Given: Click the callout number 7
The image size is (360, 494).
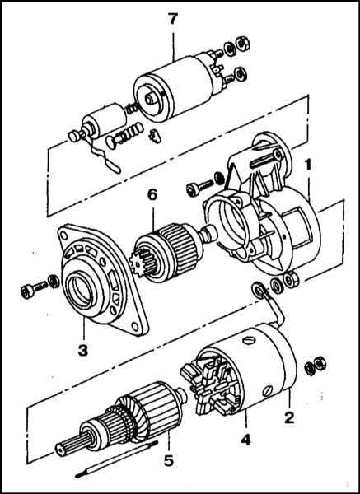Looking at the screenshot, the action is click(x=172, y=20).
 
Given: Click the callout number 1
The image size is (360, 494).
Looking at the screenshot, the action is click(x=306, y=165).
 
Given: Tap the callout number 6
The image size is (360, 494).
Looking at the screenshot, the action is click(x=152, y=194).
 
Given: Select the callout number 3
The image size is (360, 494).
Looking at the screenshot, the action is click(x=83, y=350).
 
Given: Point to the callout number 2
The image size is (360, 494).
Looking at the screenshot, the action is click(x=289, y=417).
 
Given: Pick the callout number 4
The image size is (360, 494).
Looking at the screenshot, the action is click(x=245, y=440).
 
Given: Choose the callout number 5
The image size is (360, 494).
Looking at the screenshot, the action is click(x=169, y=462).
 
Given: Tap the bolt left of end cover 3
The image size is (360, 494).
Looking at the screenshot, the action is click(x=34, y=290).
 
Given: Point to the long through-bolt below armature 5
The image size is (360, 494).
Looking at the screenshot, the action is click(x=117, y=459).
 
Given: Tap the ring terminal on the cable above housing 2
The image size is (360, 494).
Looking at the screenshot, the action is click(x=259, y=291).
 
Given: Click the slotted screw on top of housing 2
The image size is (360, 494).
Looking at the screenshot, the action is click(x=249, y=341).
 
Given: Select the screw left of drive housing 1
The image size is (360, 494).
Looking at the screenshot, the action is click(x=200, y=188).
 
